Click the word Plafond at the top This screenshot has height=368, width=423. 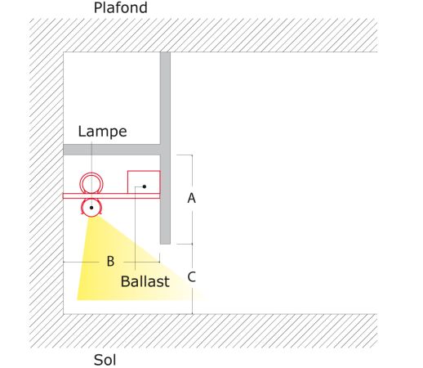[120, 7]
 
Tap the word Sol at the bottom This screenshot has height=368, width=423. [105, 360]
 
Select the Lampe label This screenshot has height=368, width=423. [102, 132]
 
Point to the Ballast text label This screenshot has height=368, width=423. [145, 281]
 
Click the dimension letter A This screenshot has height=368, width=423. [191, 198]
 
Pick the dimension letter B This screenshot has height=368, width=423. [110, 261]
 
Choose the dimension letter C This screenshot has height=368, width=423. [191, 277]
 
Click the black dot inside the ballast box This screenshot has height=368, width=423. [145, 186]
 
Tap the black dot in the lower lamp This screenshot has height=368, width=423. [91, 208]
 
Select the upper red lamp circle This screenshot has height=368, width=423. [91, 173]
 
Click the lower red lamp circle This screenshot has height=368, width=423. [91, 216]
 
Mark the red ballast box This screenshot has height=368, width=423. [144, 171]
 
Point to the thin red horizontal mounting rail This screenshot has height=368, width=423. [111, 196]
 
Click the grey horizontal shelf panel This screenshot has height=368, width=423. [112, 150]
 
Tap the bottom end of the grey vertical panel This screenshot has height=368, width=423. [165, 244]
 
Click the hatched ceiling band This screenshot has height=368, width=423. [203, 35]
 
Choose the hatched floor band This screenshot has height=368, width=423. [203, 331]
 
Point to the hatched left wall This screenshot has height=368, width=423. [47, 182]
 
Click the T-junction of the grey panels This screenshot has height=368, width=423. [165, 150]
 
